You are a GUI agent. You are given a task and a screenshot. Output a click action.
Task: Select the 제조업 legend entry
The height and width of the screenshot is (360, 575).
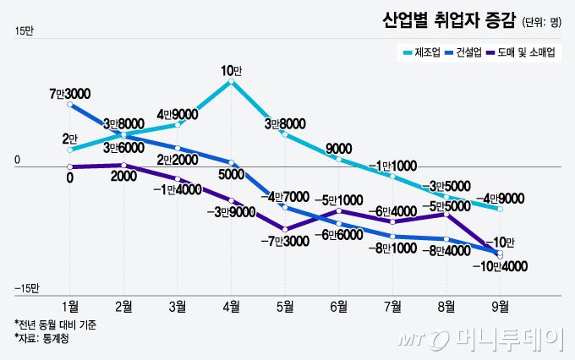pyautogui.click(x=420, y=52)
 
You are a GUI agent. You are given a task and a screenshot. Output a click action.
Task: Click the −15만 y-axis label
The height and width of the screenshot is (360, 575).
pyautogui.click(x=26, y=289)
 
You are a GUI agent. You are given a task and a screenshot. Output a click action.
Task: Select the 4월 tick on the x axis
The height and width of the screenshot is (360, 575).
pyautogui.click(x=231, y=306)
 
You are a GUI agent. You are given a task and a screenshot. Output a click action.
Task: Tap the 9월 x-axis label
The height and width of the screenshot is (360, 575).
pyautogui.click(x=500, y=306)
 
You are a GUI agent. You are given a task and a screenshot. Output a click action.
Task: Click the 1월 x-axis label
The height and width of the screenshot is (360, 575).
pyautogui.click(x=70, y=306)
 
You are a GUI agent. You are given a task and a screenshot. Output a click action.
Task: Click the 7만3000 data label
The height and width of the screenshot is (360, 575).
pyautogui.click(x=70, y=92)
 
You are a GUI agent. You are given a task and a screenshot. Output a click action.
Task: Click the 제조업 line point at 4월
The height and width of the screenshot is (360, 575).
pyautogui.click(x=232, y=82)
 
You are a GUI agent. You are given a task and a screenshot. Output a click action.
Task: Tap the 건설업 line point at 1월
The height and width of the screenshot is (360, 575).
pyautogui.click(x=70, y=105)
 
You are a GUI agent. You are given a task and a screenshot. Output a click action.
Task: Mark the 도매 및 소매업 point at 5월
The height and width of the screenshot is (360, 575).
pyautogui.click(x=286, y=229)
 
